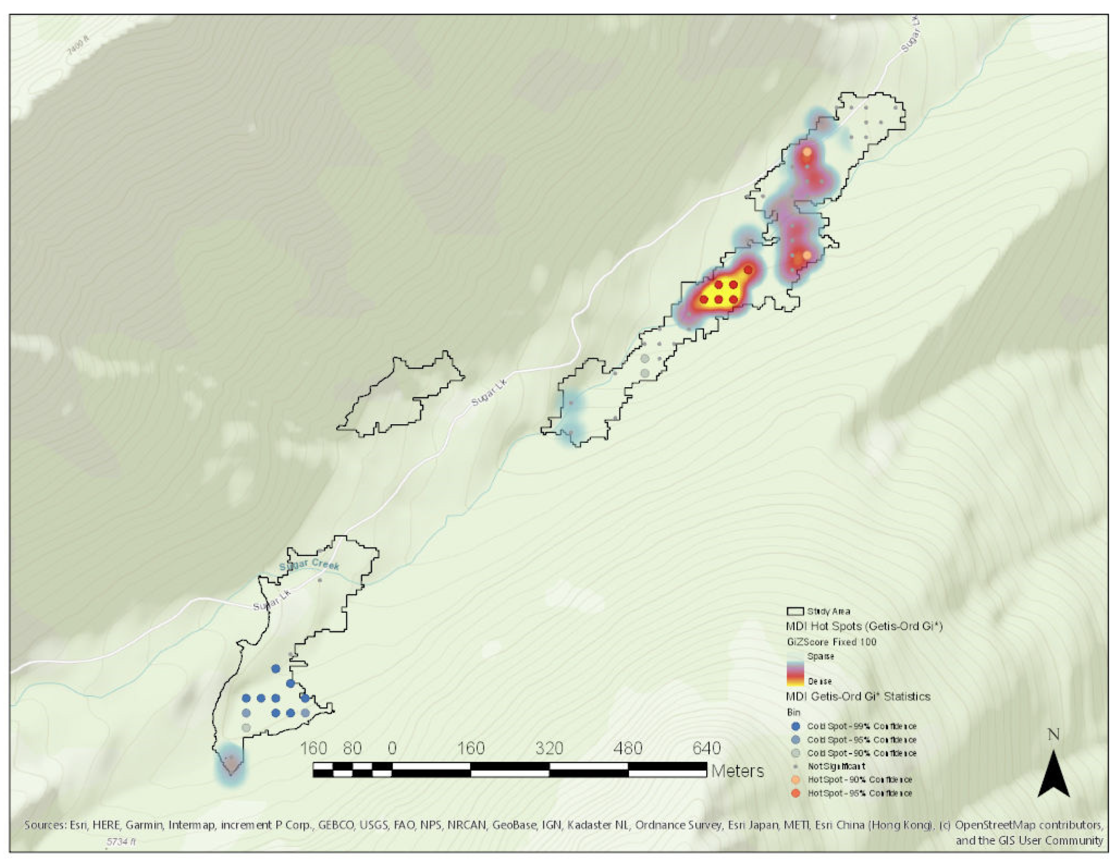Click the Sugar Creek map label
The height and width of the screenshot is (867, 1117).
309,566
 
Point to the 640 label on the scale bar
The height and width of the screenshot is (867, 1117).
706,748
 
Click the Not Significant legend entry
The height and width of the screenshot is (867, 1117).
836,766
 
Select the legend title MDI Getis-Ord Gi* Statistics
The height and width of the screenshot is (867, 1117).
858,697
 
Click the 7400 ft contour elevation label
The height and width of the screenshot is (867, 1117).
78,53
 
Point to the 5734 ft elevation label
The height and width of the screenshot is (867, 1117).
121,842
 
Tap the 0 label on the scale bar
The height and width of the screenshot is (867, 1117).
392,748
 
